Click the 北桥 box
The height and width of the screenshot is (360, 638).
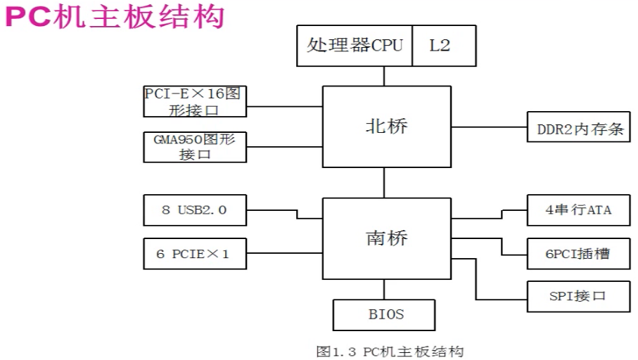(386, 127)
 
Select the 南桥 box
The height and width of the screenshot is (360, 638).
(386, 238)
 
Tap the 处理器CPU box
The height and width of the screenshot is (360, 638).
(355, 46)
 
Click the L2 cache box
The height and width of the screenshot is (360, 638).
(443, 46)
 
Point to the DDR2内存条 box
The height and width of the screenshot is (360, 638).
(579, 129)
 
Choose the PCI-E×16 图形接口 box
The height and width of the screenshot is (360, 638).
(195, 101)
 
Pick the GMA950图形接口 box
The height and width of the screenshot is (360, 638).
(195, 147)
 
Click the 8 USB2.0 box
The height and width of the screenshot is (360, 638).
(195, 210)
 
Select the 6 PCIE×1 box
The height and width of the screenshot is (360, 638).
(195, 253)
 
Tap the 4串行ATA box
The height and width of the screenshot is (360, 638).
(579, 210)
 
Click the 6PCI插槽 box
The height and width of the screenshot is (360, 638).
(579, 253)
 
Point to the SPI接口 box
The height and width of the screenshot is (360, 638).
(579, 296)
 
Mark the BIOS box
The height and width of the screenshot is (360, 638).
(384, 314)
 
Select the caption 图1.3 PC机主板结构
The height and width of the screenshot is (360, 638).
(390, 351)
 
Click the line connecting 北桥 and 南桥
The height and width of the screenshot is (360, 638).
(384, 183)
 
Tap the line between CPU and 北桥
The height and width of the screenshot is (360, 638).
(384, 76)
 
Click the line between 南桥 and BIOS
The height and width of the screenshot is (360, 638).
(384, 288)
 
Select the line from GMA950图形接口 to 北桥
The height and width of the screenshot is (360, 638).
(284, 147)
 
